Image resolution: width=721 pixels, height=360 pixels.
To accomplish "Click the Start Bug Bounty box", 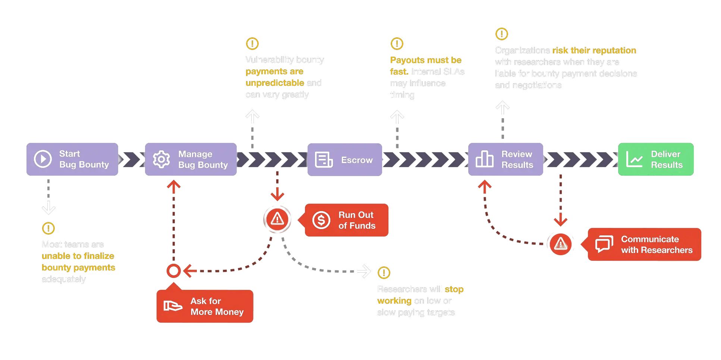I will click(x=72, y=159).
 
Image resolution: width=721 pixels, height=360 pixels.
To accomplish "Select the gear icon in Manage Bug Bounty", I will click(x=161, y=159).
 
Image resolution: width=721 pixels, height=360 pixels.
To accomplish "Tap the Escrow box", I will click(x=344, y=160).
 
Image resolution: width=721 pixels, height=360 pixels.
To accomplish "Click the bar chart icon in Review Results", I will click(x=484, y=159).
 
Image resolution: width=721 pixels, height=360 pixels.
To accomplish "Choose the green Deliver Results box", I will click(x=656, y=159).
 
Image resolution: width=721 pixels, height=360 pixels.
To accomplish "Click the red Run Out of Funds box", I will click(x=347, y=220).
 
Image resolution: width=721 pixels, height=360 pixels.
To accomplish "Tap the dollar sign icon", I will click(x=321, y=220).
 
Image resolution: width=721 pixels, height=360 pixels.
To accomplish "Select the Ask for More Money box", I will click(x=205, y=306).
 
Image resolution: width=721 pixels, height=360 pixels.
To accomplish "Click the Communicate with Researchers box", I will click(x=644, y=244).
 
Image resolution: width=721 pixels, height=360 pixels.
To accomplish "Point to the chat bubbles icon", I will click(x=604, y=244).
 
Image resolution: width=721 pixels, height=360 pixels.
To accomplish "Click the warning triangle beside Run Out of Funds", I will click(x=277, y=219).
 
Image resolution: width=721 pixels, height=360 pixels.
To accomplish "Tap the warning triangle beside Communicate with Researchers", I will click(x=560, y=244).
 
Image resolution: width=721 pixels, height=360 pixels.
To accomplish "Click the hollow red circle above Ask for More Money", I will click(x=173, y=271).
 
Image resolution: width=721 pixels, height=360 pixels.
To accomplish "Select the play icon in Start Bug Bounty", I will click(x=43, y=159).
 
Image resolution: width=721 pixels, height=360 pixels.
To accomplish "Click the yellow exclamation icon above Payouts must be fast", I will click(x=397, y=44).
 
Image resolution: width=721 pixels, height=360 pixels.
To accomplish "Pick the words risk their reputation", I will click(x=594, y=50).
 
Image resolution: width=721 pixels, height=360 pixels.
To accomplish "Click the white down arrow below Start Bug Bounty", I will click(x=48, y=207).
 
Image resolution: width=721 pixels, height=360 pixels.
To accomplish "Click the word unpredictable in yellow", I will click(x=275, y=83).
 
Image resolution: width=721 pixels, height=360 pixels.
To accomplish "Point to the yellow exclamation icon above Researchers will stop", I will click(x=384, y=273).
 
